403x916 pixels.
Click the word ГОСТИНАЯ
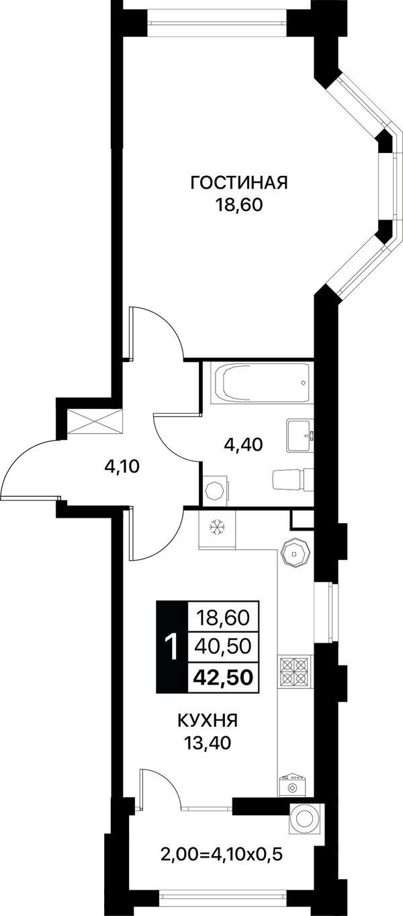tap(239, 183)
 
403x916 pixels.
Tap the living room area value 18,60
tap(239, 205)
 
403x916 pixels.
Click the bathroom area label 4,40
tap(243, 444)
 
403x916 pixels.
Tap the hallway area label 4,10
tap(122, 466)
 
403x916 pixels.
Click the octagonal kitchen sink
tap(295, 553)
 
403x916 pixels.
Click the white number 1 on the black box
tap(172, 647)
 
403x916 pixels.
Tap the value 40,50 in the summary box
tap(224, 647)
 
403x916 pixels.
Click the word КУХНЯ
tap(208, 721)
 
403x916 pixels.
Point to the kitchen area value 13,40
tap(208, 742)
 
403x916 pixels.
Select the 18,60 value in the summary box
tap(224, 617)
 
